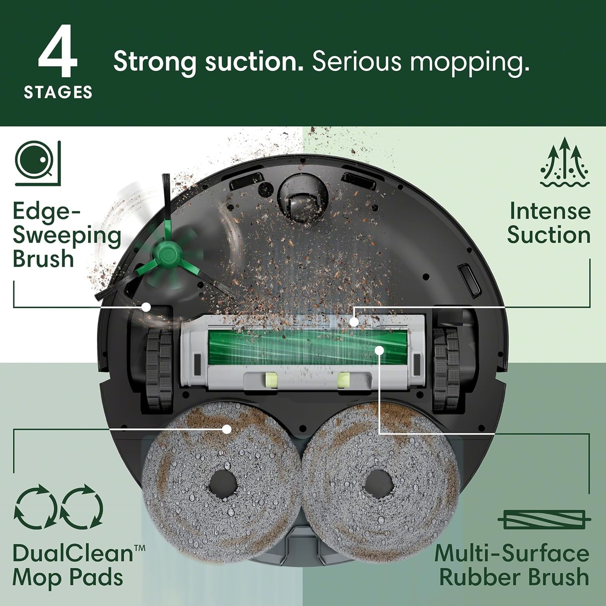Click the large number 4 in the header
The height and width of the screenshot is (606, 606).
coord(58,52)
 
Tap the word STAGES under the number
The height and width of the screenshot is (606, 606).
coord(58,93)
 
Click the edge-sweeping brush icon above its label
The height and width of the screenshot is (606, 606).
coord(38,163)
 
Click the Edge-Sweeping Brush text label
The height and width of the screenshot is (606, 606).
coord(67,235)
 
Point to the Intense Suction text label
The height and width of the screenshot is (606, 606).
coord(549,223)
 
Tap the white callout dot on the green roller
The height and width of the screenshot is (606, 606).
coord(379,350)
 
